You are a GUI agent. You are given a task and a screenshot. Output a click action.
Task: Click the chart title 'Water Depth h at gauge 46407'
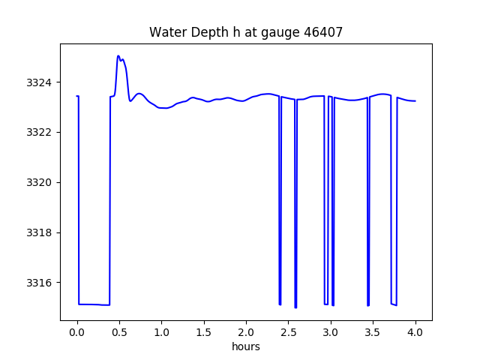click(x=246, y=32)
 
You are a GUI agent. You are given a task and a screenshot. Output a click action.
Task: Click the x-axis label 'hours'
click(x=246, y=346)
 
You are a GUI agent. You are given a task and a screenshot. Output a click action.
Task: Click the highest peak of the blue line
click(x=118, y=55)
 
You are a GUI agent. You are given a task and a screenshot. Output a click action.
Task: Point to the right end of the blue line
click(x=415, y=100)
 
